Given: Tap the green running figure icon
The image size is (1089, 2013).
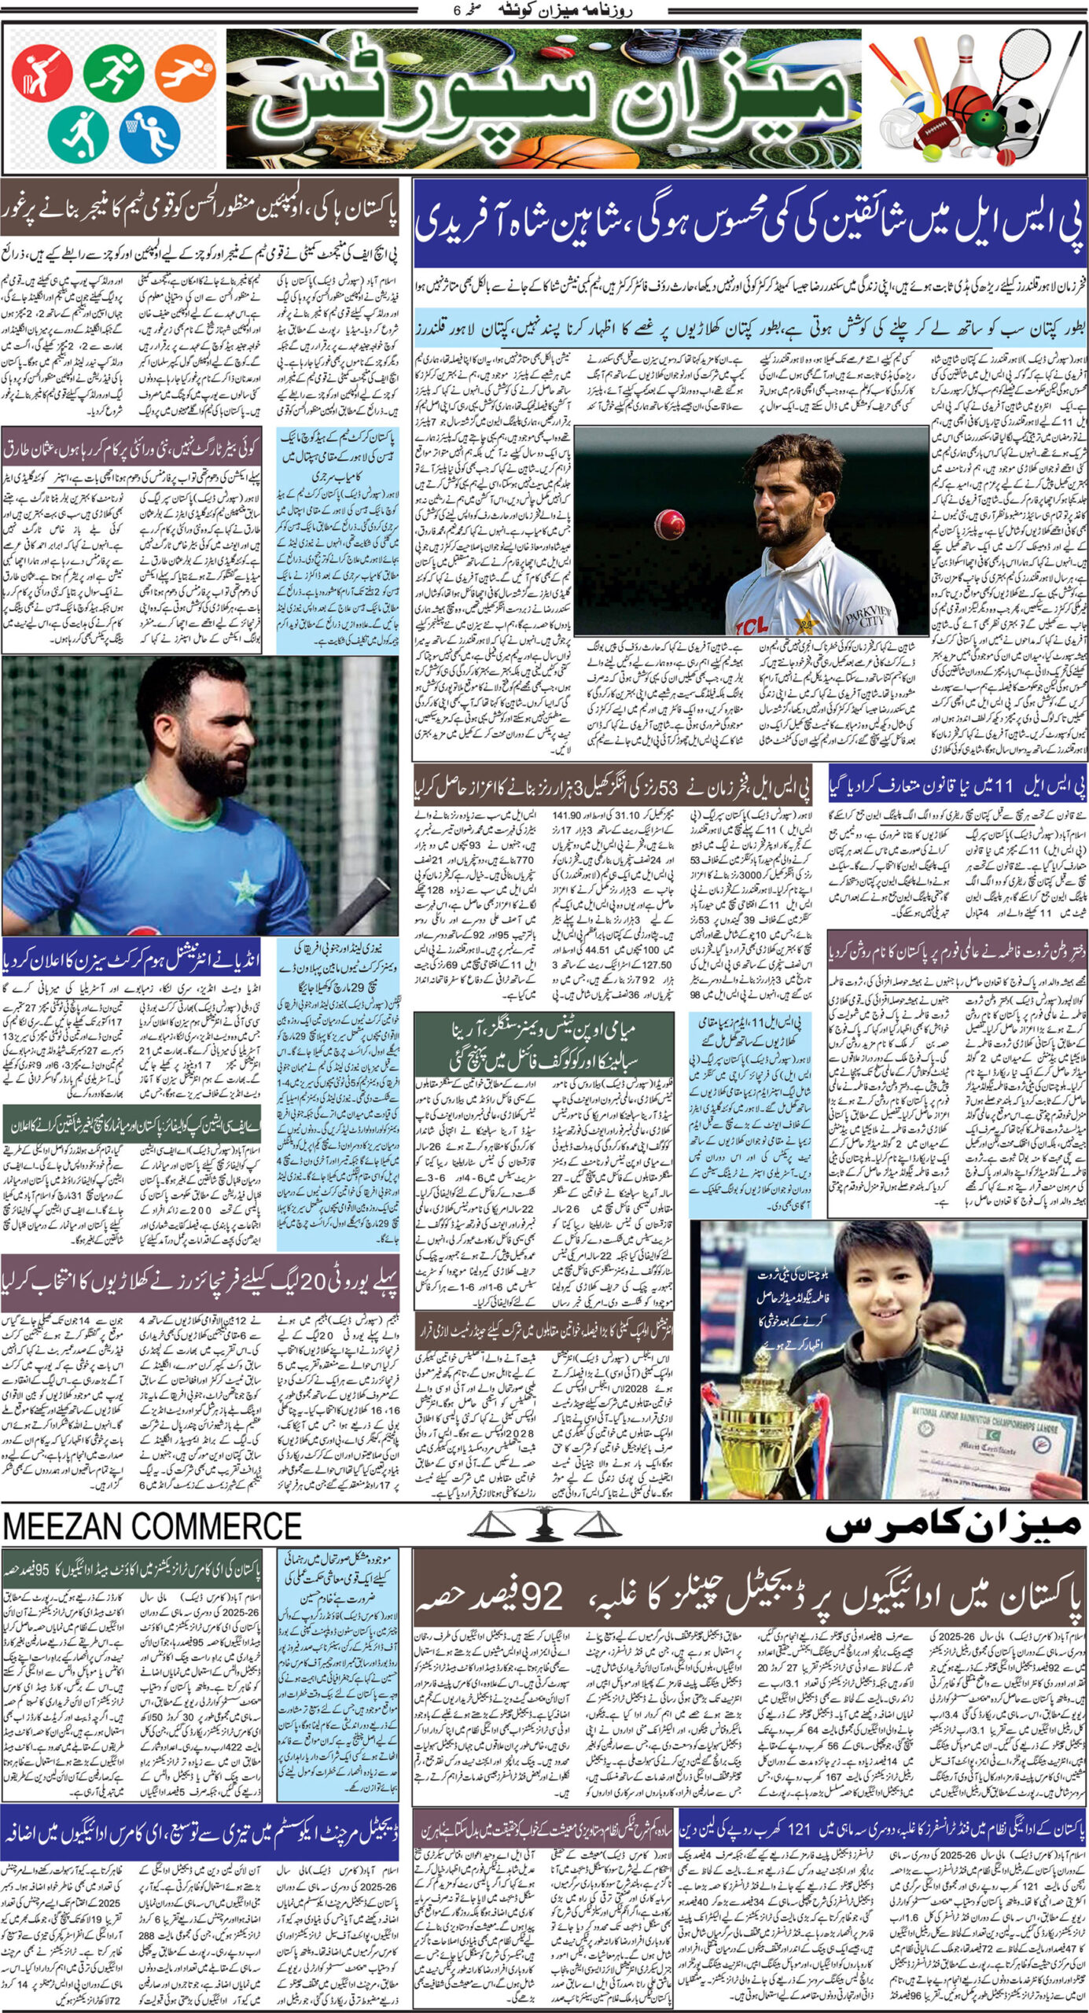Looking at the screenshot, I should (114, 72).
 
